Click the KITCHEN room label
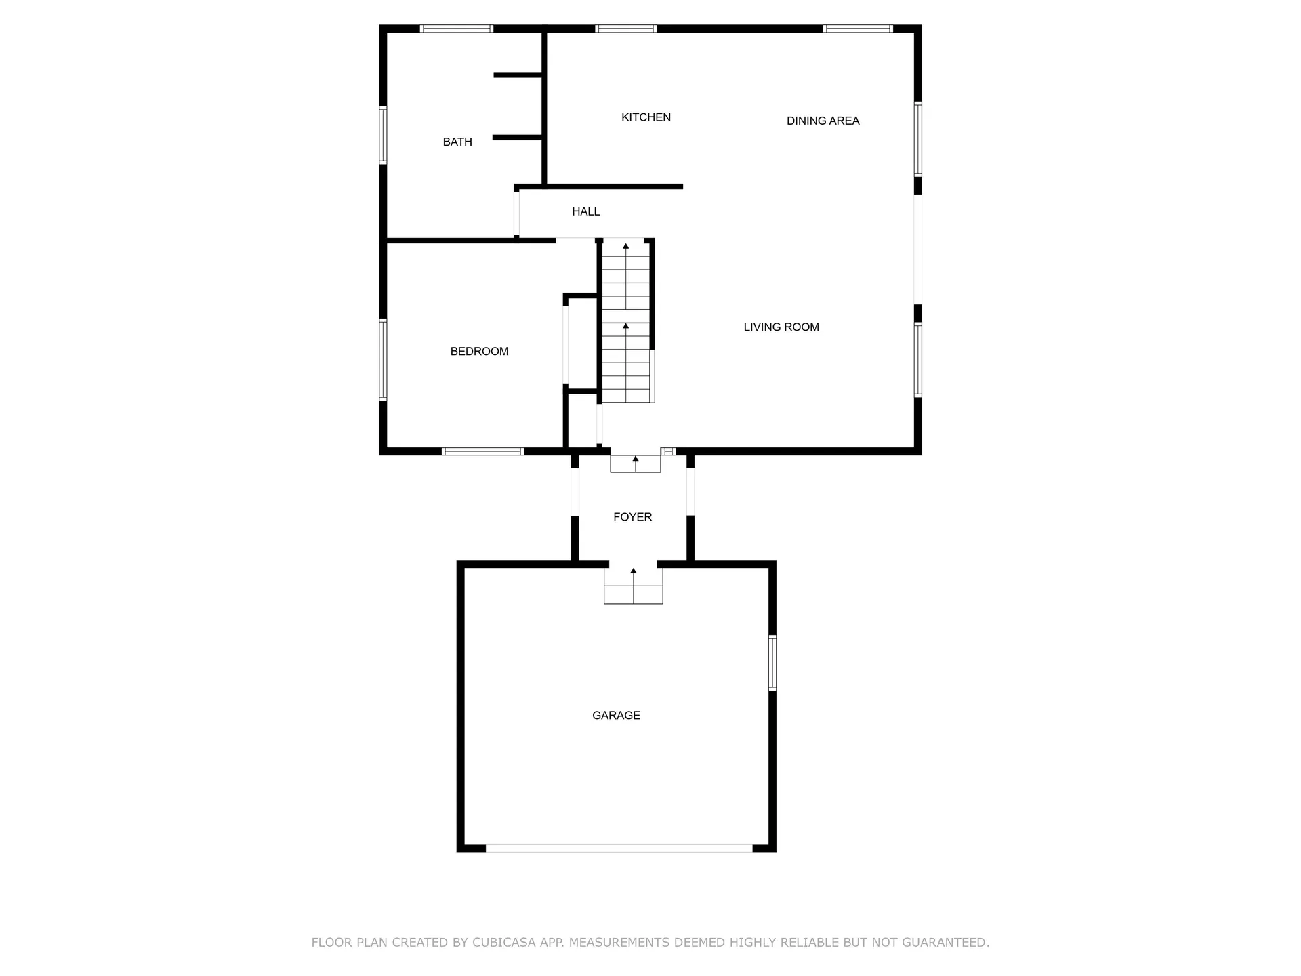click(646, 117)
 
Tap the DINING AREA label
click(823, 121)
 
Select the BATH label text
click(457, 142)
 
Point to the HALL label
click(585, 211)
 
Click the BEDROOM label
click(479, 351)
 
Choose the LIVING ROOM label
click(781, 327)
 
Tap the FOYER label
click(632, 517)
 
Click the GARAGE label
click(616, 715)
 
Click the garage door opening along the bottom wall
click(619, 848)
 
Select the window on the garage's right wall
click(772, 663)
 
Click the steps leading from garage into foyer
click(634, 587)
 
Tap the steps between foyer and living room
click(635, 464)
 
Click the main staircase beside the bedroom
click(626, 322)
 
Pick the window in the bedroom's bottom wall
click(482, 451)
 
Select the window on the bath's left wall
click(383, 135)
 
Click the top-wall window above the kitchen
click(625, 28)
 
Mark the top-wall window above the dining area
click(857, 28)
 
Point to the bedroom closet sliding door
click(565, 345)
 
